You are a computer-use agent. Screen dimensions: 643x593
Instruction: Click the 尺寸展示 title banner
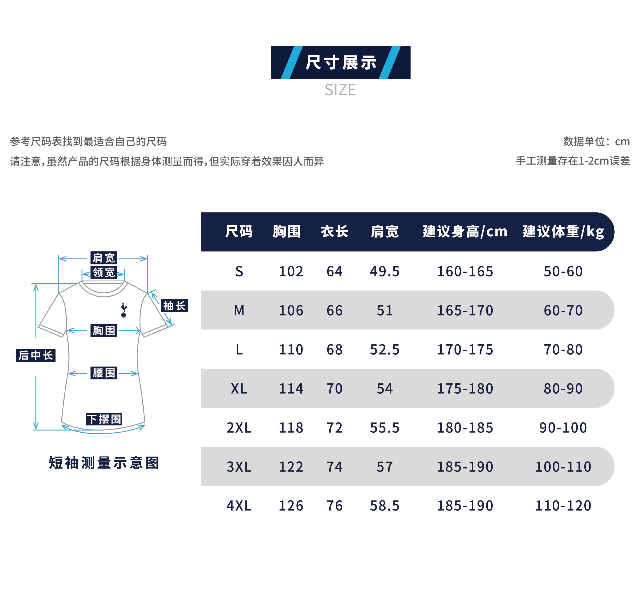point(340,62)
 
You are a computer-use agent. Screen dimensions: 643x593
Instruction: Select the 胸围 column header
point(286,231)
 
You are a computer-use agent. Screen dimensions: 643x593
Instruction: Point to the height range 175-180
point(465,389)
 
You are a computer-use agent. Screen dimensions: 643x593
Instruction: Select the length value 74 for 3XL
point(335,467)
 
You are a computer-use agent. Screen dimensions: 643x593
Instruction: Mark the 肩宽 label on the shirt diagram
point(104,258)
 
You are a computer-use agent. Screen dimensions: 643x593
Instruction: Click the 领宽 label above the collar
point(104,272)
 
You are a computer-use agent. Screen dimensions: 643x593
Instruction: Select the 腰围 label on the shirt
point(104,373)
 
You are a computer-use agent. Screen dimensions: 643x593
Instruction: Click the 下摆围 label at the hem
point(104,419)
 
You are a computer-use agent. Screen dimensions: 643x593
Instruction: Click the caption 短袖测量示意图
point(104,463)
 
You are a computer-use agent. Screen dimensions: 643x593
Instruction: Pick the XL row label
point(239,389)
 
